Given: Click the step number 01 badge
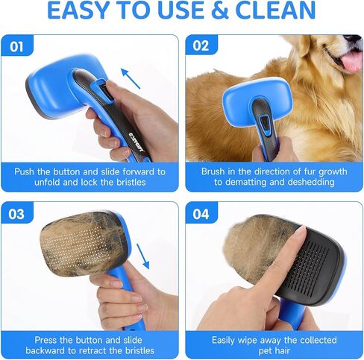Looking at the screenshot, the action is point(17,45).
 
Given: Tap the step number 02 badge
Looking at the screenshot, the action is point(201,45).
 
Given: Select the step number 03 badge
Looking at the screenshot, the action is point(17,213).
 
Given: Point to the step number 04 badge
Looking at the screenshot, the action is point(201,213).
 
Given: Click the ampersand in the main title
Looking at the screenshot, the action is point(219,10).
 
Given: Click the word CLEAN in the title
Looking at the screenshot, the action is point(275,10).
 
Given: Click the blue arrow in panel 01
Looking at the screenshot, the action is point(131,78).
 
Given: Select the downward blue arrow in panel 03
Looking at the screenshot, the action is point(143,256).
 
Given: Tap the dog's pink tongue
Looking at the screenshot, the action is point(352,61).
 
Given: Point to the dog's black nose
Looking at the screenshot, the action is point(354,40).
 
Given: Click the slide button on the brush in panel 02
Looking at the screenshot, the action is point(265,124).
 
